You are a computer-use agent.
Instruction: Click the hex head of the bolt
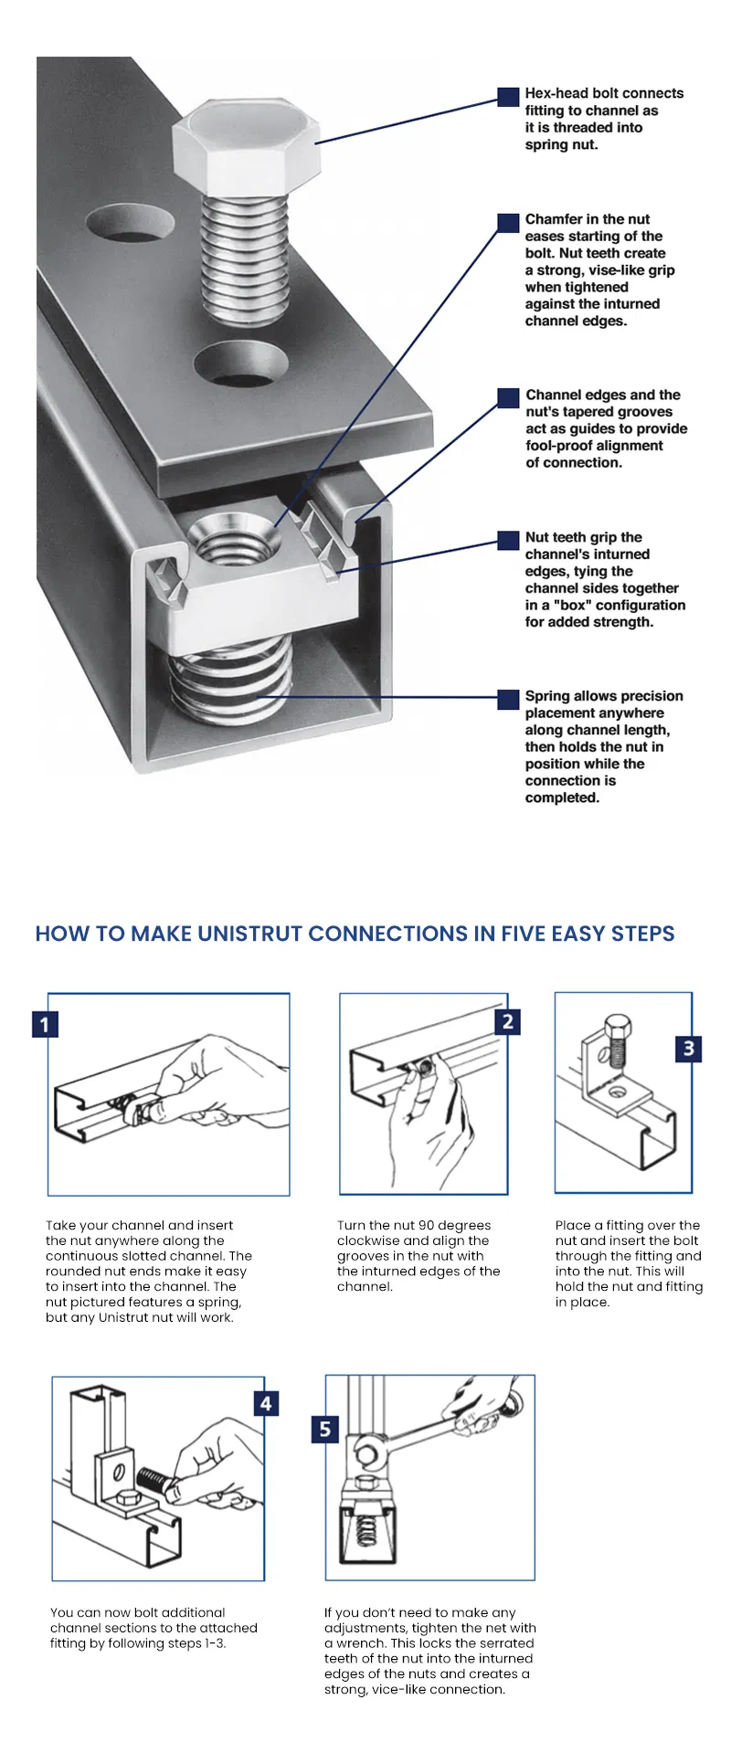247,144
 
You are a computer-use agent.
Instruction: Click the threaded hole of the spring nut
237,542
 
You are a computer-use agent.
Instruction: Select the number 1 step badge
45,1024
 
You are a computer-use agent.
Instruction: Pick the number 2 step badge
508,1021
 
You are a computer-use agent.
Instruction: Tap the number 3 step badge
689,1048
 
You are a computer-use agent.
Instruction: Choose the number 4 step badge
266,1403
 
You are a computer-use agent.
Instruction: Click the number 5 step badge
325,1429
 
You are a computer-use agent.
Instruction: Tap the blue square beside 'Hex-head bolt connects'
508,97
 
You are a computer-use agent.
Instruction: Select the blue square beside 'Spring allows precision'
508,699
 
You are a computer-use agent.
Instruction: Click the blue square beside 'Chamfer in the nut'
508,223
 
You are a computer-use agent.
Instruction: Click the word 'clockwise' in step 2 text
367,1241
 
